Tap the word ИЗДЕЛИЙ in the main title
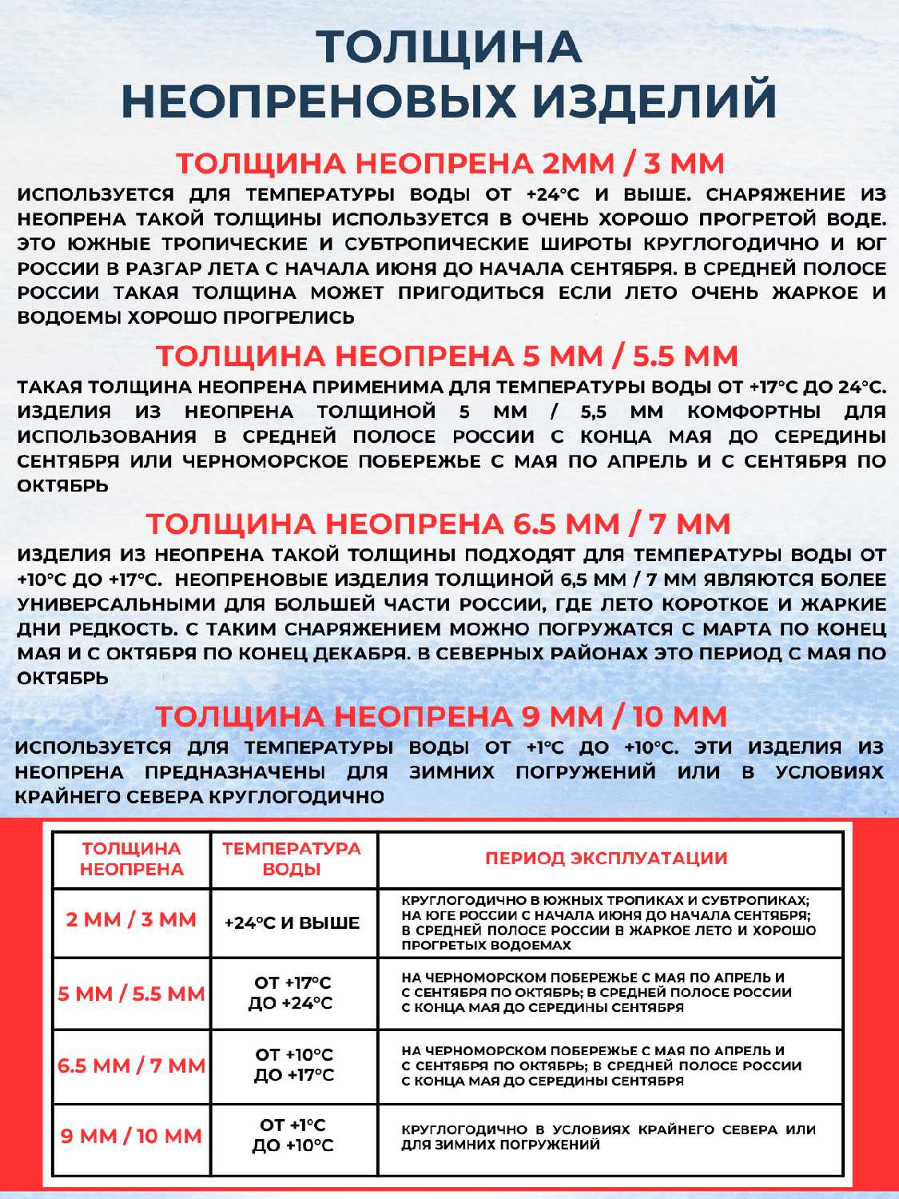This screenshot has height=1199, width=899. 655,101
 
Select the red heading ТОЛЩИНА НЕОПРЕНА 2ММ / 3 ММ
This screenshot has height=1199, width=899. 450,163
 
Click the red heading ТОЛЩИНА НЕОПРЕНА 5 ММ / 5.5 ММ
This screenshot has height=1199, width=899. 447,356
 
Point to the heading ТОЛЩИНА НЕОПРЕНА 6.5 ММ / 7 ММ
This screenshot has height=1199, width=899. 439,524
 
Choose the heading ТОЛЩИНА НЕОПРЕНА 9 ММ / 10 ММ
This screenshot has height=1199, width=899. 441,716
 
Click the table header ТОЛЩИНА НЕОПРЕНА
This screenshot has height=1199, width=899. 132,858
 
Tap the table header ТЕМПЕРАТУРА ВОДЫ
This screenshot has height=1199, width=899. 292,858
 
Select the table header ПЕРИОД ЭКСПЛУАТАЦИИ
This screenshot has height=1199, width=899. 607,858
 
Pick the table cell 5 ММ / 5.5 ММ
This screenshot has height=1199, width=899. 132,994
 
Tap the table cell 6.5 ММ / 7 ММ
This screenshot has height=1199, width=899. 132,1066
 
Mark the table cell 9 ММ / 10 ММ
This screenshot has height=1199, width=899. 132,1135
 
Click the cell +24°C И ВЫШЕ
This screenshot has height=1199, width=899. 292,922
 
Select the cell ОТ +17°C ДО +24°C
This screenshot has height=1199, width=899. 292,993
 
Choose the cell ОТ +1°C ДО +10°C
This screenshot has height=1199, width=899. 292,1135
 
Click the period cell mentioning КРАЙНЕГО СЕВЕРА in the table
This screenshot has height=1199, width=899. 608,1137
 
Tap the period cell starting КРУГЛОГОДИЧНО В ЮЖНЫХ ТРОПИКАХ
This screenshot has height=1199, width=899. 608,922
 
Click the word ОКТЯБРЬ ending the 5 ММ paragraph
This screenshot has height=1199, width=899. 63,486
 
